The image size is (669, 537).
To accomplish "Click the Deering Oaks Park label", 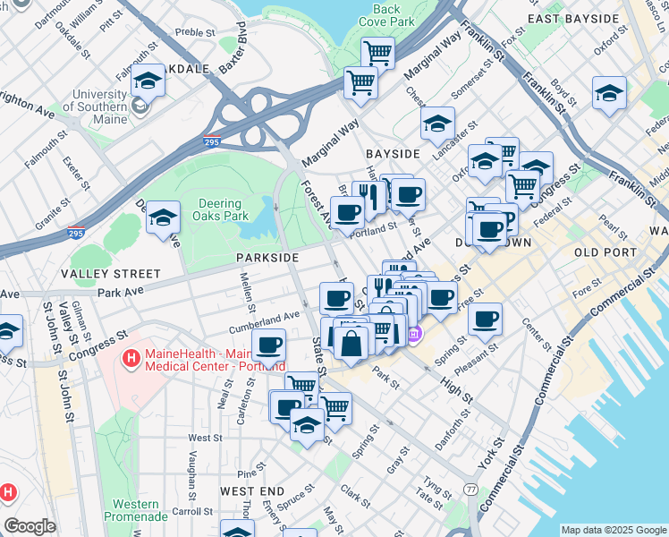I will click(x=221, y=209).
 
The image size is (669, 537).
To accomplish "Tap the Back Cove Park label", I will click(x=386, y=14).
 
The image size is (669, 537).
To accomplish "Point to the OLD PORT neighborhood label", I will click(x=605, y=252).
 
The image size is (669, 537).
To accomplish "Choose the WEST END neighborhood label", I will click(x=252, y=491).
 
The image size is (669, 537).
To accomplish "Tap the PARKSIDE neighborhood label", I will click(x=267, y=258).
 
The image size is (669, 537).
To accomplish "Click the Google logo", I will click(x=30, y=526).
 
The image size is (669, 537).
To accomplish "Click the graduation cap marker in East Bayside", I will click(x=609, y=93).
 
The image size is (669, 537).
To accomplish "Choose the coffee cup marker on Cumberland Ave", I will click(x=268, y=345).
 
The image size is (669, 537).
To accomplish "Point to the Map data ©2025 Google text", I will click(x=613, y=530).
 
